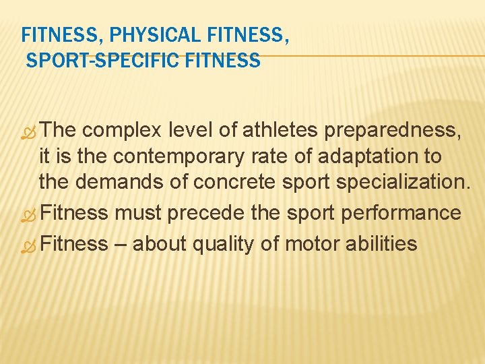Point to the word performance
[x=402, y=214]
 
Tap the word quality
[x=217, y=243]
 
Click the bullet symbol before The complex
[x=28, y=132]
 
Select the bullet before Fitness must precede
[x=28, y=215]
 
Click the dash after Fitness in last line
[x=120, y=243]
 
